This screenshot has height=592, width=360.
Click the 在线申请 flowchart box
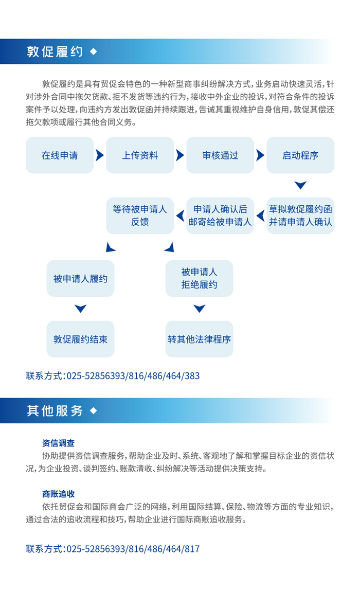point(60,155)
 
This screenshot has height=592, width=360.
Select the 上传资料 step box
point(140,155)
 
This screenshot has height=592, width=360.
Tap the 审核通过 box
point(221,155)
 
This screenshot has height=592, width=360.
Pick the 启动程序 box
point(300,155)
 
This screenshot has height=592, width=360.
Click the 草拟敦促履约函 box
point(300,216)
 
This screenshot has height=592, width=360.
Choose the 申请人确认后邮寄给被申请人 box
point(221,216)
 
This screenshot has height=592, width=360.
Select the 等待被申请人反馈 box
point(140,216)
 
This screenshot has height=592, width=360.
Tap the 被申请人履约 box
point(80,279)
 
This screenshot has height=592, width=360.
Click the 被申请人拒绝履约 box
point(199,279)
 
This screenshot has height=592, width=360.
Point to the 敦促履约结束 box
point(80,339)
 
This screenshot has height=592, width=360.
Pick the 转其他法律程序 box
point(199,339)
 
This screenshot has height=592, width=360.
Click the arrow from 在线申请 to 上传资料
point(100,155)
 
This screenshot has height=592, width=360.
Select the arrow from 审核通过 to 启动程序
point(260,155)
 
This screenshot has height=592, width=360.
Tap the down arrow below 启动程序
point(300,185)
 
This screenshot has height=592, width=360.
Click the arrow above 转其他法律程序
point(199,309)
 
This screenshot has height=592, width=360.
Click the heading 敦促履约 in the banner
point(55,51)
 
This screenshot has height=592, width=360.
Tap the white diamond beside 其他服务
point(94,410)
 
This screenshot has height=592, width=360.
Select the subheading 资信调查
point(59,443)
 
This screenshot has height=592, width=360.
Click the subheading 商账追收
point(59,494)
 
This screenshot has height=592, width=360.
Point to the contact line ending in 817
point(113,549)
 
